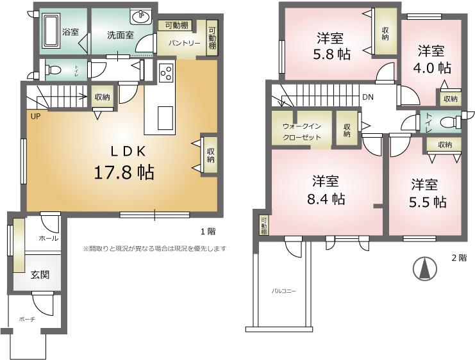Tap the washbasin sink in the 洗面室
140,17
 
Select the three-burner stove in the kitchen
166,73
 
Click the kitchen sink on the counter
165,117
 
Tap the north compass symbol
425,268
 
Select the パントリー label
184,43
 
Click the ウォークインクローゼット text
301,132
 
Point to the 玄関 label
40,275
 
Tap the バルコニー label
283,291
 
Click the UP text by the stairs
35,117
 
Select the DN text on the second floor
368,97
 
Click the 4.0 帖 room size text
432,68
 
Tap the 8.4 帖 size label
326,199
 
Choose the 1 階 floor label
208,232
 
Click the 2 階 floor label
459,258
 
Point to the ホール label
49,238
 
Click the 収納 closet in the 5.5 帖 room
444,145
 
